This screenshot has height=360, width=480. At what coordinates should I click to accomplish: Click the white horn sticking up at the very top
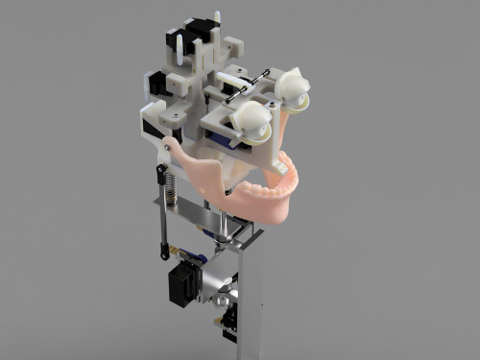click(218, 18)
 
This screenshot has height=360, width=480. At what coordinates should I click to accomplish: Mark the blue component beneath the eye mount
click(227, 139)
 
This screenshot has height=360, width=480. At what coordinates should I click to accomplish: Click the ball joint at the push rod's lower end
click(162, 251)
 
